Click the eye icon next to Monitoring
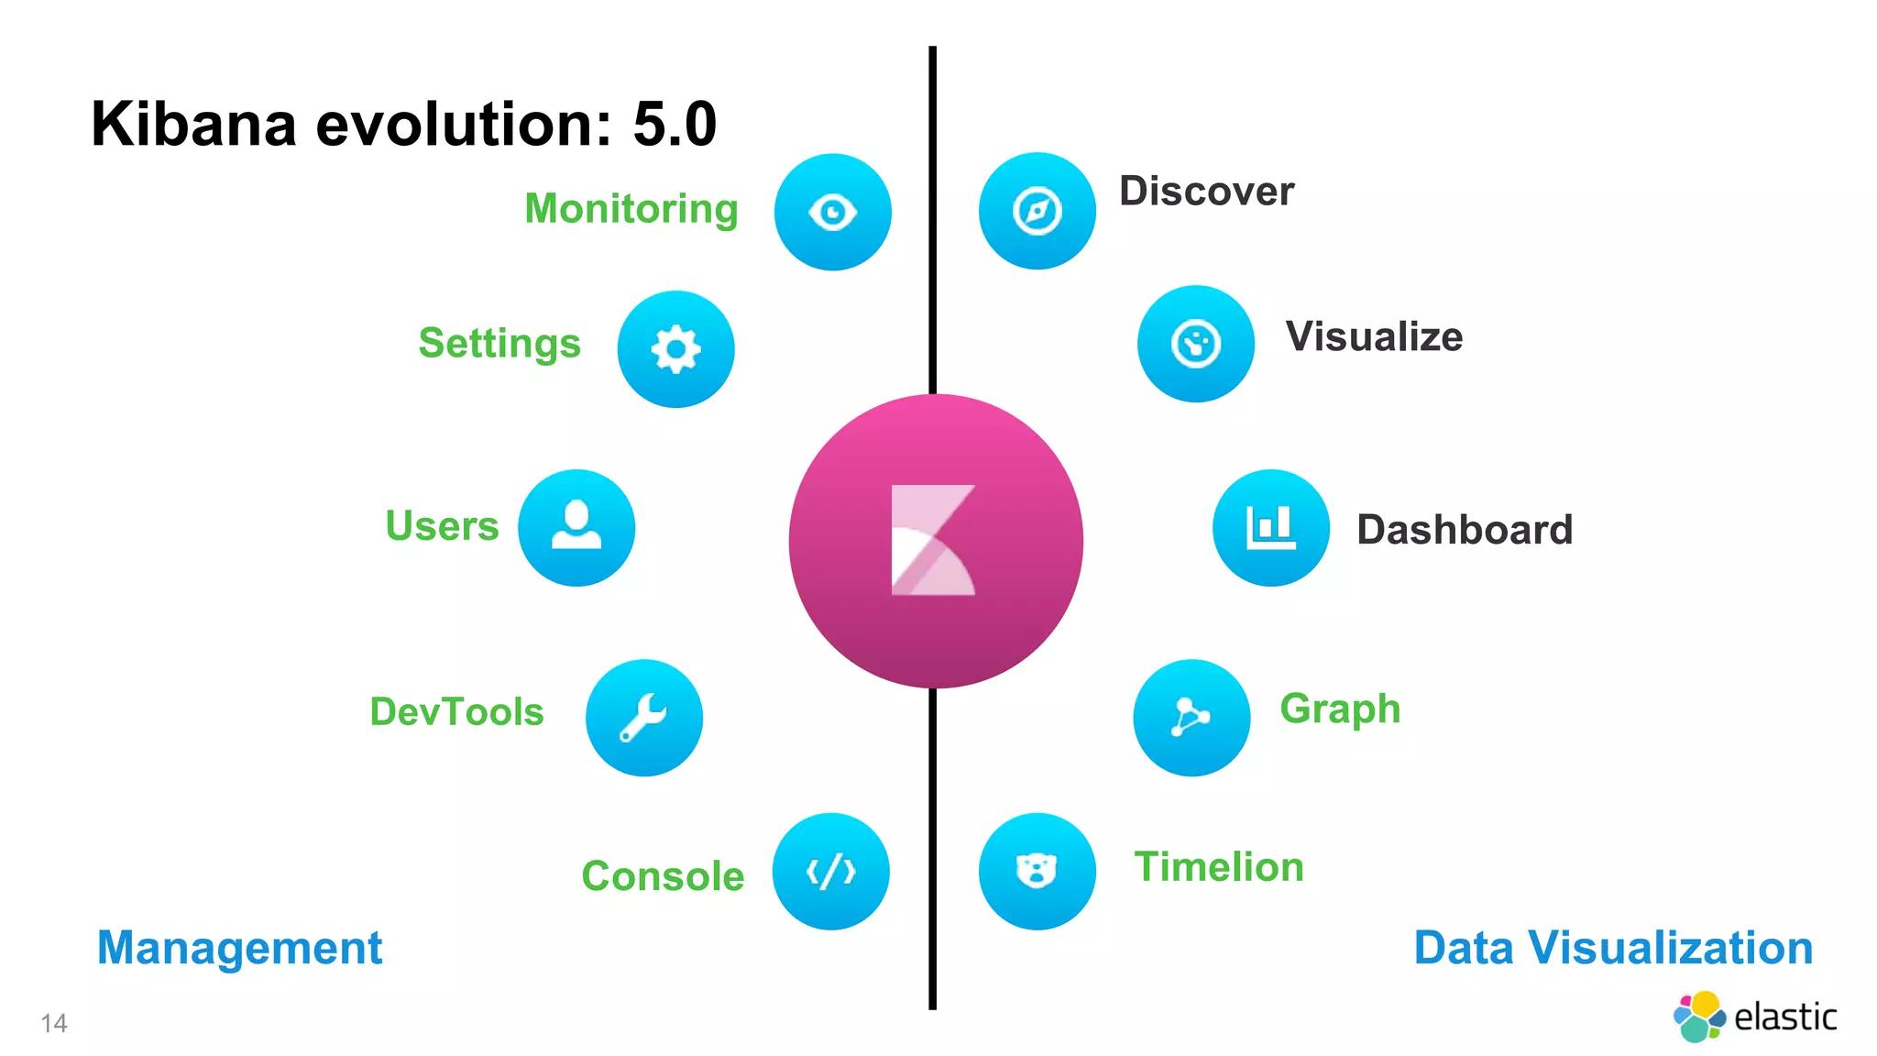(832, 213)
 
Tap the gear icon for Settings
(676, 349)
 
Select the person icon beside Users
(576, 527)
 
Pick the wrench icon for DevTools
(644, 718)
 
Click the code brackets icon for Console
(831, 872)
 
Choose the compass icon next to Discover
(1037, 212)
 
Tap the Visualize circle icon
(1196, 344)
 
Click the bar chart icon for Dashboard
(1271, 528)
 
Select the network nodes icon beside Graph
(1191, 718)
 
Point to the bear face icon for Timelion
(1037, 871)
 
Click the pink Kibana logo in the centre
(935, 541)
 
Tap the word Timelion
(1219, 867)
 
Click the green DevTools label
(456, 712)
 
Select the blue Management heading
(239, 948)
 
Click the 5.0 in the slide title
(675, 125)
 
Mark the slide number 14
(54, 1023)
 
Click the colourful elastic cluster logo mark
(1700, 1017)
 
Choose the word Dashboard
(1465, 530)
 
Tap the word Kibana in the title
(194, 125)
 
